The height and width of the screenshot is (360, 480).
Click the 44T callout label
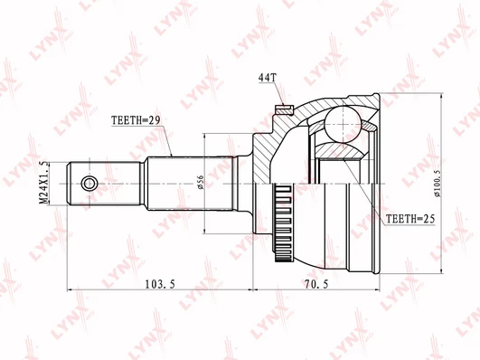click(268, 78)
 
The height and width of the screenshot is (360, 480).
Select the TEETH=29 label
click(136, 120)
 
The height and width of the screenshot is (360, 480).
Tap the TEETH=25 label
click(410, 219)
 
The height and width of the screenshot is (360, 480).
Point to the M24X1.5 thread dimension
click(44, 184)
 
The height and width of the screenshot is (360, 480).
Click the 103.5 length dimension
click(160, 285)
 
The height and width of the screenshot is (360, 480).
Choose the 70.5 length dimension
click(316, 285)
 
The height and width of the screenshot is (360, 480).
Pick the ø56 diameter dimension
click(201, 183)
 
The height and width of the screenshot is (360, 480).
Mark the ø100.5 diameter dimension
click(438, 184)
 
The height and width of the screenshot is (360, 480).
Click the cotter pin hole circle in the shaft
click(89, 184)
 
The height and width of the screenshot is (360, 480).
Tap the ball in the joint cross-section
click(343, 124)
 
